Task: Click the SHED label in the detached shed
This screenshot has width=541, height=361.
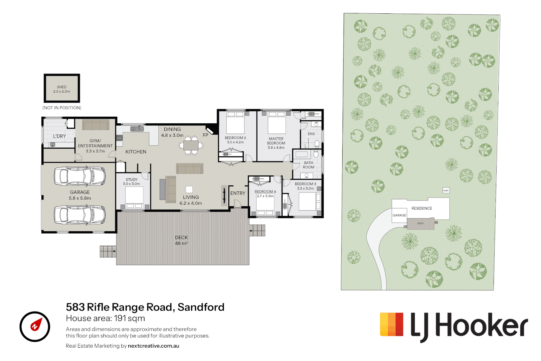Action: tap(62, 87)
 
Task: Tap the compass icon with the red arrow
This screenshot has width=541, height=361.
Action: tap(35, 327)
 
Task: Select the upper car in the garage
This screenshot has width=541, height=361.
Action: tap(80, 176)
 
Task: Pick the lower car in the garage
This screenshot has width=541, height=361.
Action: tap(80, 215)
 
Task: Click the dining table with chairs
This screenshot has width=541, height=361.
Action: tap(191, 145)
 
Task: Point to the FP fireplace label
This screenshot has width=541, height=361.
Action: tap(205, 135)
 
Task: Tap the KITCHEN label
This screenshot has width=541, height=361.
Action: tap(136, 152)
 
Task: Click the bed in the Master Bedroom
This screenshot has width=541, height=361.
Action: tap(277, 123)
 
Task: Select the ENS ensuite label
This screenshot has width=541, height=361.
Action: tap(311, 134)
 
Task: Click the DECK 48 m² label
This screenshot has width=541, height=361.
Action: tap(181, 240)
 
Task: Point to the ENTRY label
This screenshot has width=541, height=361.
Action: tap(237, 193)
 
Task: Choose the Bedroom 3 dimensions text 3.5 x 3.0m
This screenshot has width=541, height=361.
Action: tap(306, 189)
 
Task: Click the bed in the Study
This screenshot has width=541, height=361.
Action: tap(134, 197)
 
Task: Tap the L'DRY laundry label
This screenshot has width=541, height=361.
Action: tap(59, 136)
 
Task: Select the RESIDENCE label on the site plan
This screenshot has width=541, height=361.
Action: tap(421, 208)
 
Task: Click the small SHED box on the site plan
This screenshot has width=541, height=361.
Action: tap(446, 191)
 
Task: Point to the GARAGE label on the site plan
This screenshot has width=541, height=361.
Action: tap(399, 215)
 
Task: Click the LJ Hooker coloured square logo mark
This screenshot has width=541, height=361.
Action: tap(391, 324)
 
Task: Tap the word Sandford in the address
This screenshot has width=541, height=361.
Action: tap(201, 307)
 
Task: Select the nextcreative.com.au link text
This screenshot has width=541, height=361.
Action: tap(153, 346)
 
